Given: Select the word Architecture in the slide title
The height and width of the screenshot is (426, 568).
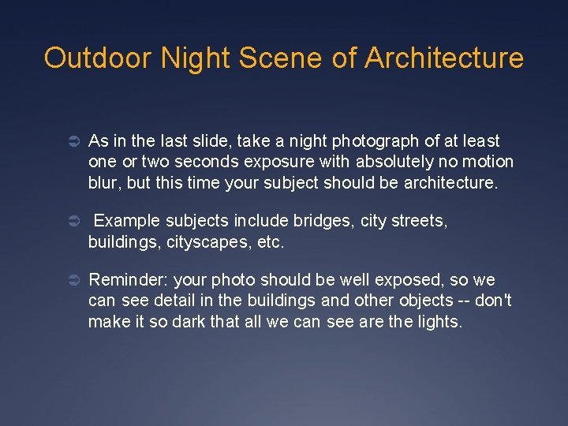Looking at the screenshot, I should (x=444, y=58).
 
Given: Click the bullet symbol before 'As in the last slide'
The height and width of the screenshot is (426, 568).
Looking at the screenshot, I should (x=70, y=142).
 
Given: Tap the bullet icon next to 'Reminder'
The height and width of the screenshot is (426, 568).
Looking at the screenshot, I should (x=70, y=281).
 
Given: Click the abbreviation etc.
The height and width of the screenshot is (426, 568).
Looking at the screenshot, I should (x=271, y=243).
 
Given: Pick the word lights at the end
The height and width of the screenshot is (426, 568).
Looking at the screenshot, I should (x=440, y=322).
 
